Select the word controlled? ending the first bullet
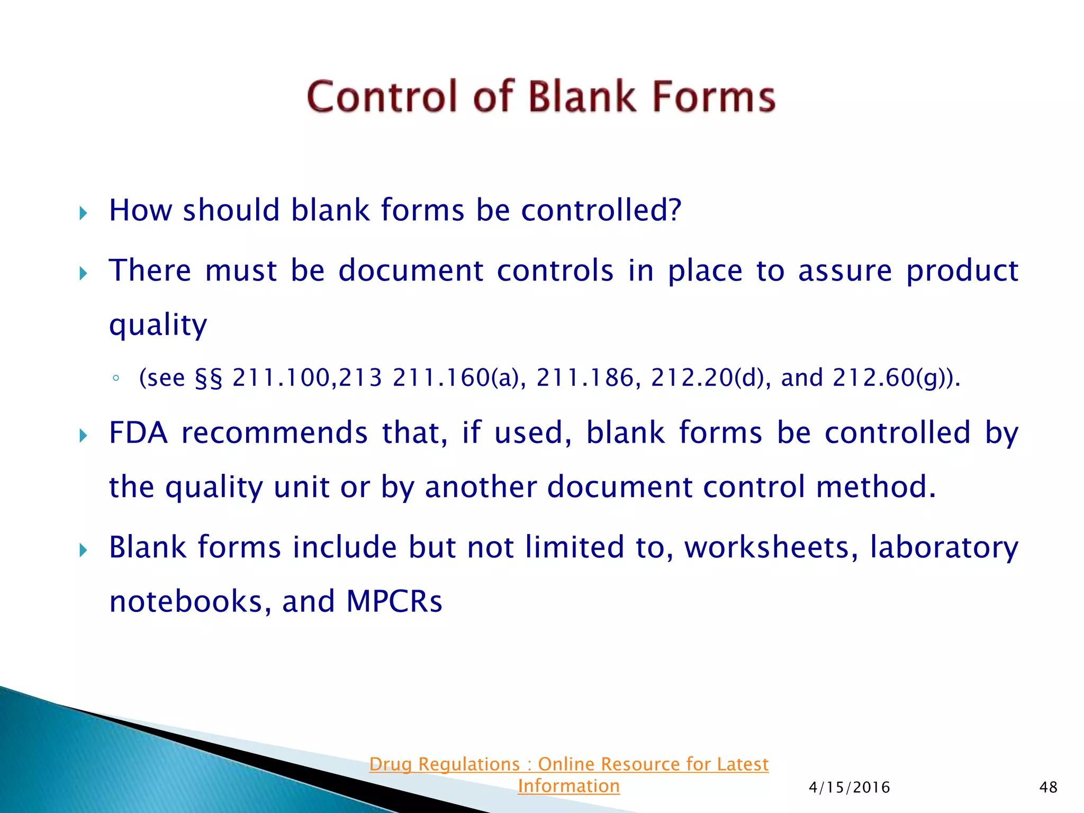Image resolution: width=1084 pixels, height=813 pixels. point(601,210)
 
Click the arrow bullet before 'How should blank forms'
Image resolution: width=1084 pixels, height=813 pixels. point(83,213)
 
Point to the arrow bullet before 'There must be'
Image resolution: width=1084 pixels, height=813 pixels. point(83,274)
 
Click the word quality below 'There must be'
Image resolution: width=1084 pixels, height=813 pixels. point(158,325)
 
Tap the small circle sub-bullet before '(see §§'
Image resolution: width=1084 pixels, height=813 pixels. point(116,378)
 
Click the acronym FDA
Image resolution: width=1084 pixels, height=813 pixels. point(138,433)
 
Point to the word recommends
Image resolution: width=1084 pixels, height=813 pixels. point(274,433)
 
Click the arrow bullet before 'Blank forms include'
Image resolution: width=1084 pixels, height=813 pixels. point(83,550)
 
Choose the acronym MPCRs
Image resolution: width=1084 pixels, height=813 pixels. point(394,602)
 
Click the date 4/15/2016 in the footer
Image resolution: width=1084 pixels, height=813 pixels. point(849,788)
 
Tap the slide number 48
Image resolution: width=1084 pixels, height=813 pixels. point(1048,788)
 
